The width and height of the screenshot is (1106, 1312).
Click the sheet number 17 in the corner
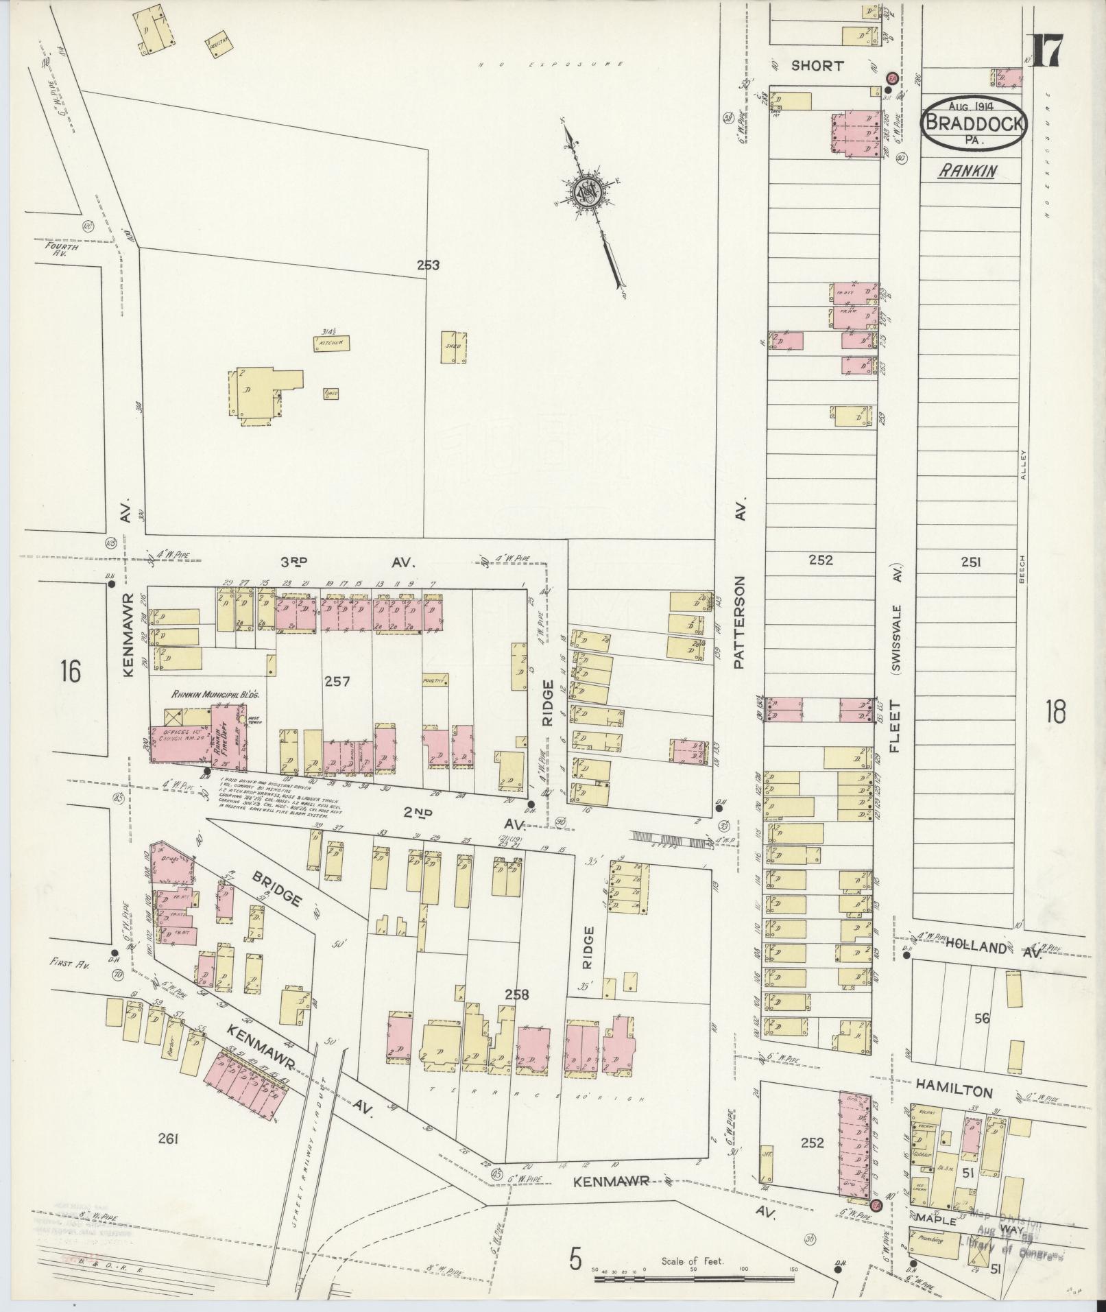1046,50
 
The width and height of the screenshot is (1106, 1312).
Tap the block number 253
428,265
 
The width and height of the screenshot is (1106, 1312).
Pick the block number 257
337,681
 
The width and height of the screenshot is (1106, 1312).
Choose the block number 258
516,994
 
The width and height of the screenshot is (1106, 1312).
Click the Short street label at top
816,66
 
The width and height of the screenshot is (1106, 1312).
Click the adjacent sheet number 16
70,670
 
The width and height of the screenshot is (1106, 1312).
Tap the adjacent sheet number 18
1055,713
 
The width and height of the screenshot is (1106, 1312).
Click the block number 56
982,1018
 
